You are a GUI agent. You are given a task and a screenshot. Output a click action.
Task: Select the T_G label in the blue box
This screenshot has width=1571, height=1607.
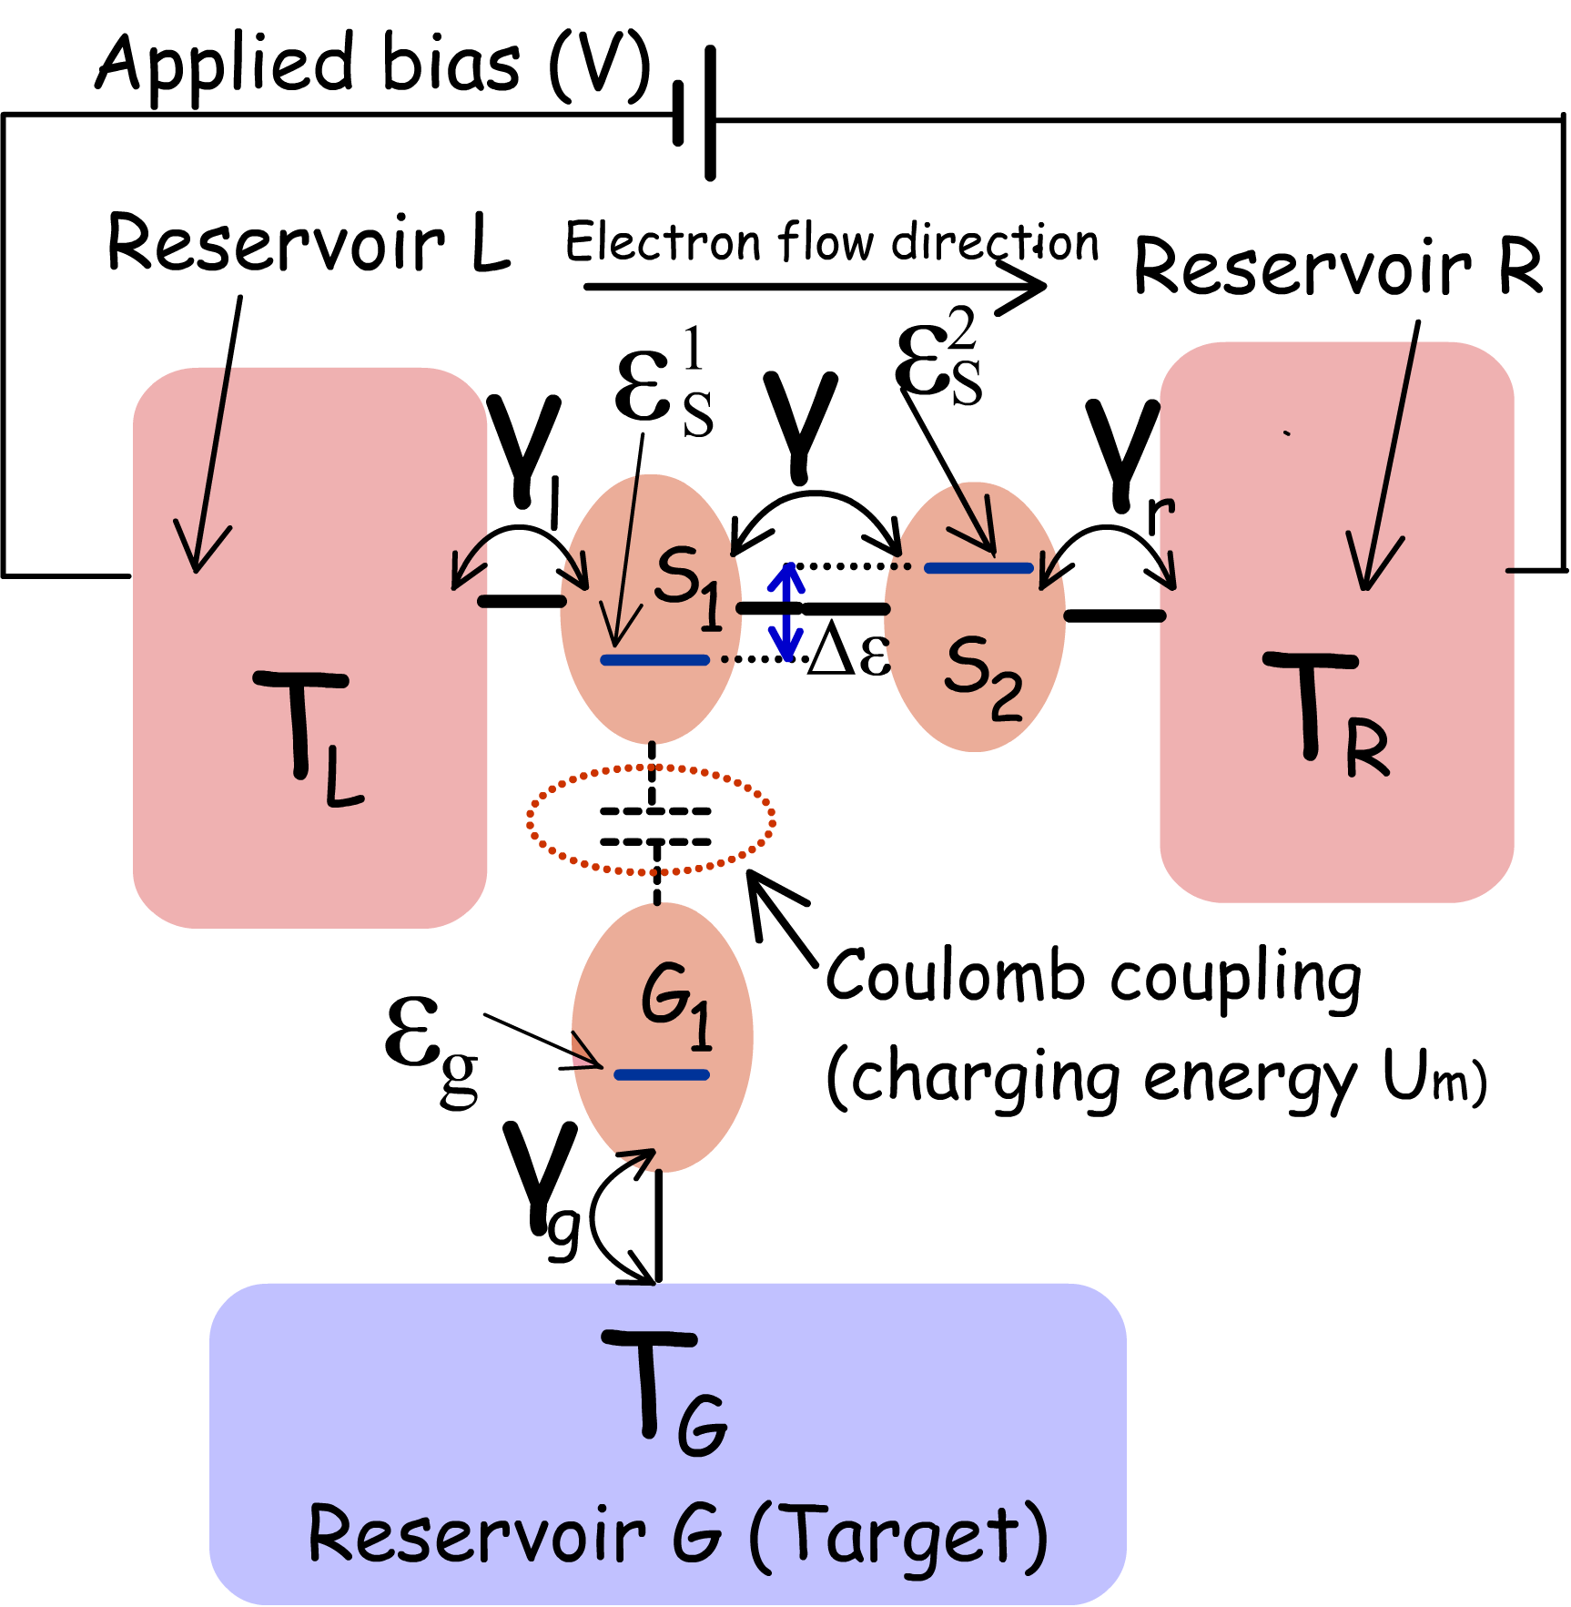(664, 1393)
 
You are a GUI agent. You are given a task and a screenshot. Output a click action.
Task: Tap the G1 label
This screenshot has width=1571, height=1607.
(676, 1005)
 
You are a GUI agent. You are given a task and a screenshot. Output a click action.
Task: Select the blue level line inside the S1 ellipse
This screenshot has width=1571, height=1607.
(654, 660)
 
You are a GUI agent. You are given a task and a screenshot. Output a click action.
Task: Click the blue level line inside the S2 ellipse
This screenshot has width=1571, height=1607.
(978, 568)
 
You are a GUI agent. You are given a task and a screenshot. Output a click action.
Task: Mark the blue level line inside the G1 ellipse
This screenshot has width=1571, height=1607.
(662, 1075)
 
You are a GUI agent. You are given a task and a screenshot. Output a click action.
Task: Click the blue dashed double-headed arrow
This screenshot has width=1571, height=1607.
(786, 612)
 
